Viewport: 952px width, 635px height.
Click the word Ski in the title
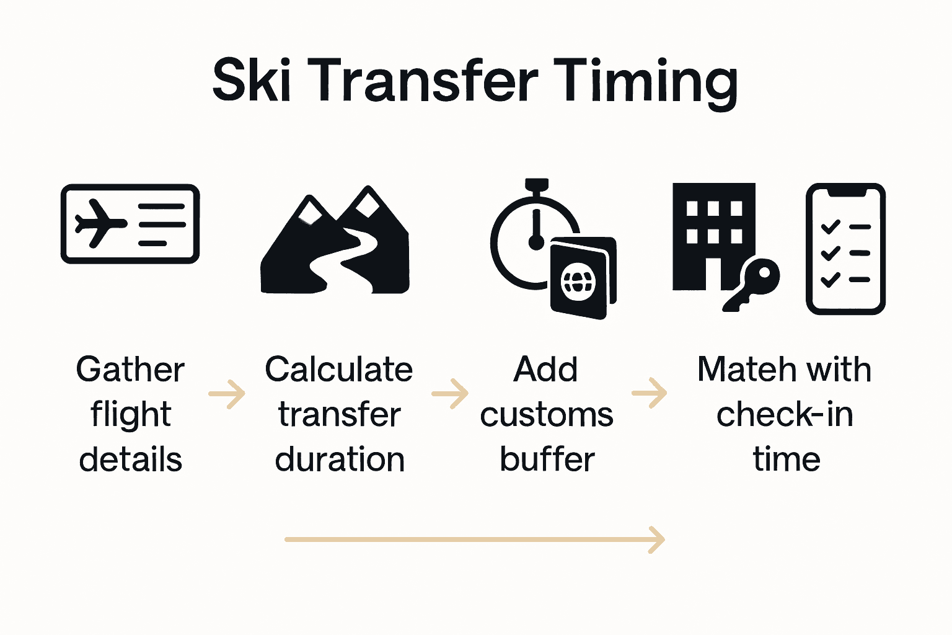click(251, 81)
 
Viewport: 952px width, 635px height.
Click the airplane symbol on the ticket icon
click(99, 223)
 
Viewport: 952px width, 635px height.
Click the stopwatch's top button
click(536, 185)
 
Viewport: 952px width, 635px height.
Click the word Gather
click(130, 370)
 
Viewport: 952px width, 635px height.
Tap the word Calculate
click(339, 370)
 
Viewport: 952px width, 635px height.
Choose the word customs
click(547, 415)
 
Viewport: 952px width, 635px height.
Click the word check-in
click(785, 415)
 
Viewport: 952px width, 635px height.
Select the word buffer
click(547, 460)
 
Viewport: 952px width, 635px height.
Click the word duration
click(340, 460)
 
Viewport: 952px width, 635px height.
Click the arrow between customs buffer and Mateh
click(650, 393)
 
